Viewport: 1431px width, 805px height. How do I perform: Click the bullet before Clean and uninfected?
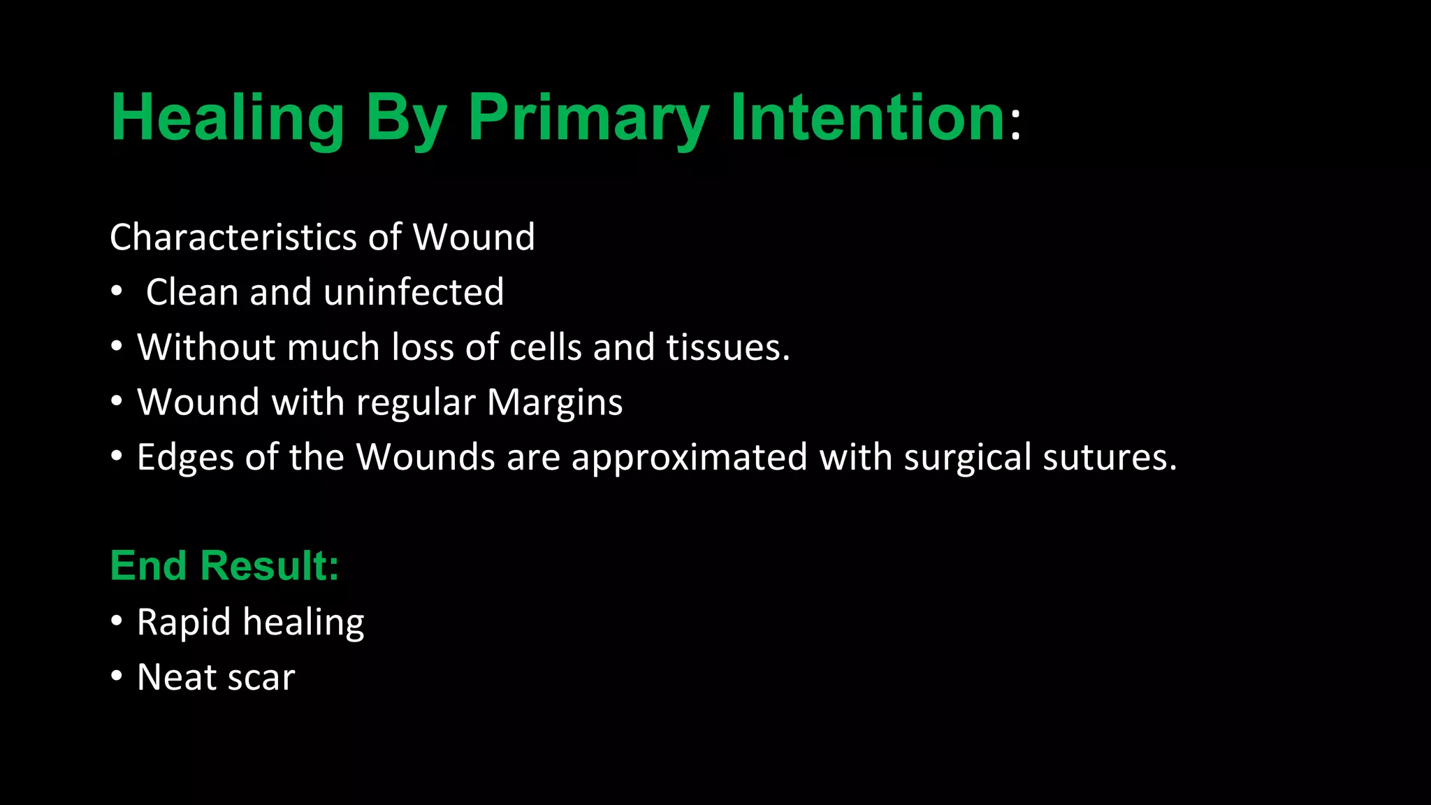pos(117,291)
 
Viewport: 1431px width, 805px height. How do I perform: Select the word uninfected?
pos(414,292)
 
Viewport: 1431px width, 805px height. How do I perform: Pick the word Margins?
pos(554,402)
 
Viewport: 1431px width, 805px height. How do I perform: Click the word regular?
pos(416,404)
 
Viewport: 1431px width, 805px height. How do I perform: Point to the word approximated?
pos(689,458)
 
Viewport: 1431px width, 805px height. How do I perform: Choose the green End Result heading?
pos(224,565)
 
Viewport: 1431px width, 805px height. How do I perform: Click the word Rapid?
pos(184,623)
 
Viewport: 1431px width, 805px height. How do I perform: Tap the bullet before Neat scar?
pos(117,676)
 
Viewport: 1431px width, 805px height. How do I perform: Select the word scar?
pos(261,678)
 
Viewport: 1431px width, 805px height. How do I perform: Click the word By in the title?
pos(405,119)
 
